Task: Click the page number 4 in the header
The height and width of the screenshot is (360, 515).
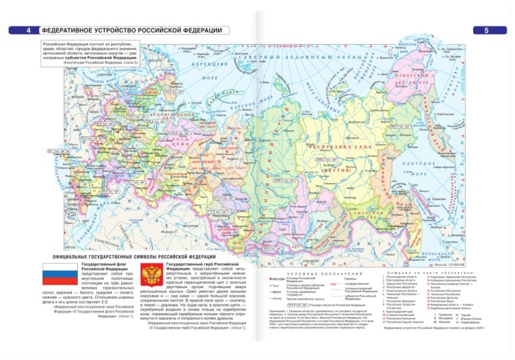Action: tap(28, 31)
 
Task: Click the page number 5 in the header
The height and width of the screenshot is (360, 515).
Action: tap(487, 31)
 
